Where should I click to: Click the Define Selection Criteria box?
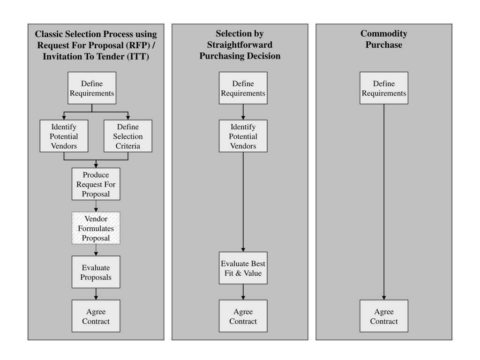pyautogui.click(x=128, y=136)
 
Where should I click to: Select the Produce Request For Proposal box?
pyautogui.click(x=96, y=184)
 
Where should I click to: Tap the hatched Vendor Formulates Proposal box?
pyautogui.click(x=96, y=228)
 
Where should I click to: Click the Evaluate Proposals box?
pyautogui.click(x=96, y=272)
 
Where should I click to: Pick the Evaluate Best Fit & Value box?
pyautogui.click(x=243, y=268)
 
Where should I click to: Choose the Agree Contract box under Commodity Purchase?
pyautogui.click(x=384, y=316)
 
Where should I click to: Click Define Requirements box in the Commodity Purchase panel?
pyautogui.click(x=384, y=88)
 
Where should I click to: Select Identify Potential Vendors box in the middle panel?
pyautogui.click(x=243, y=136)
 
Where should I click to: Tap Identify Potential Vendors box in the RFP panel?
pyautogui.click(x=64, y=136)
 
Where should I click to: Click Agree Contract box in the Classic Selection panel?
pyautogui.click(x=96, y=316)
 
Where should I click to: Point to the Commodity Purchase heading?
pyautogui.click(x=384, y=39)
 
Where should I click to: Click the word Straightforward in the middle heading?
pyautogui.click(x=240, y=45)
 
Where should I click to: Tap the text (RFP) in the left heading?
pyautogui.click(x=138, y=45)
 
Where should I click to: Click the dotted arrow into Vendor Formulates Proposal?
pyautogui.click(x=96, y=206)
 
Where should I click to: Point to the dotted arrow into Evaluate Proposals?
pyautogui.click(x=96, y=250)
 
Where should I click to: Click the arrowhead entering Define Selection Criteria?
pyautogui.click(x=128, y=118)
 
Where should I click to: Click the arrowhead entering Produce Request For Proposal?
pyautogui.click(x=96, y=166)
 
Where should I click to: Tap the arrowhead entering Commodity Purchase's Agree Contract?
pyautogui.click(x=384, y=298)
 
